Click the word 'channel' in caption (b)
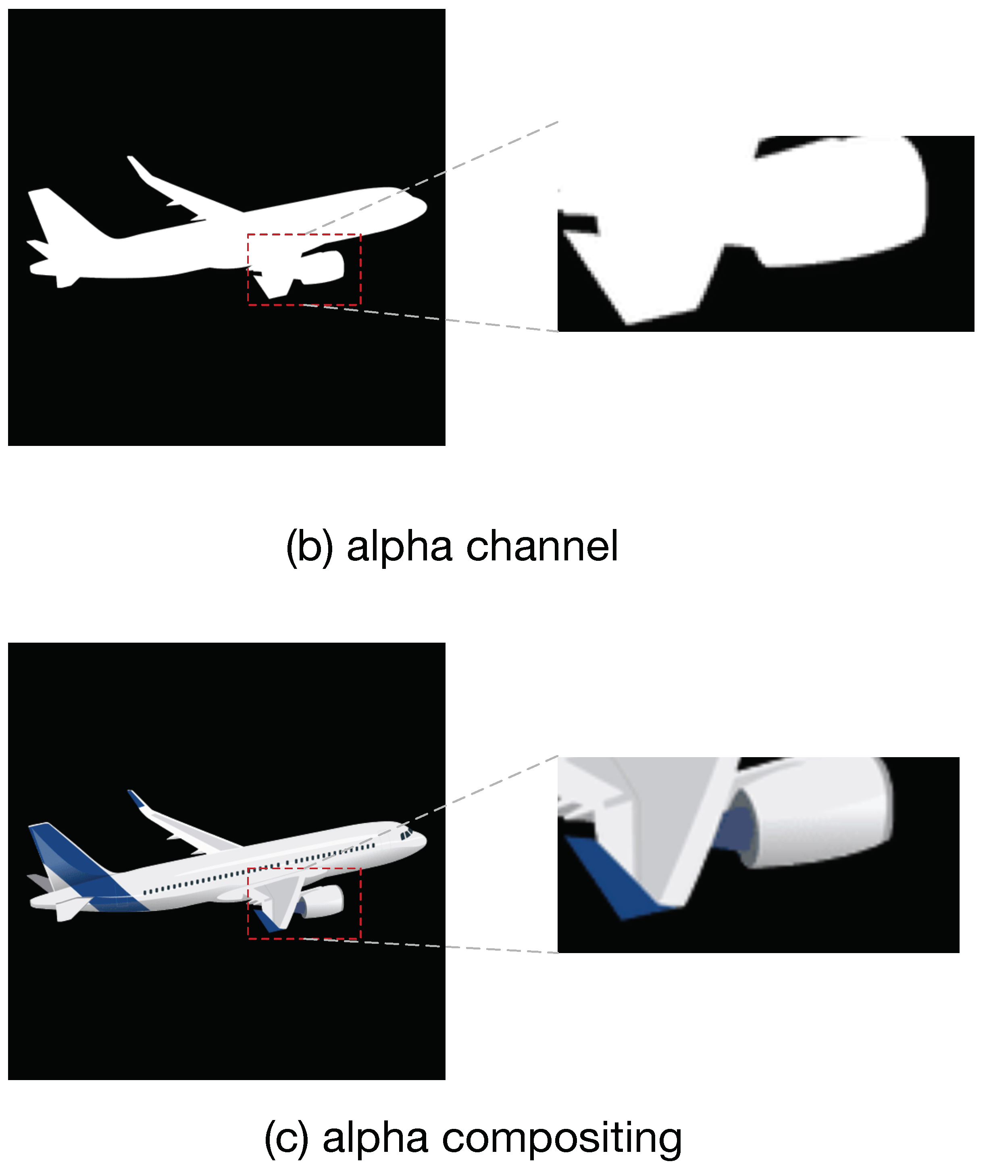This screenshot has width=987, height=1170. coord(542,547)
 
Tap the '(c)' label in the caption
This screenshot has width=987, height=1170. coord(287,1138)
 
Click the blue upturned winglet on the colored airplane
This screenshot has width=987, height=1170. coord(137,798)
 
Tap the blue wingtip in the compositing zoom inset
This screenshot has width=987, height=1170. coord(621,879)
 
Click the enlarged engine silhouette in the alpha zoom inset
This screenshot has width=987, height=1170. coord(839,202)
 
